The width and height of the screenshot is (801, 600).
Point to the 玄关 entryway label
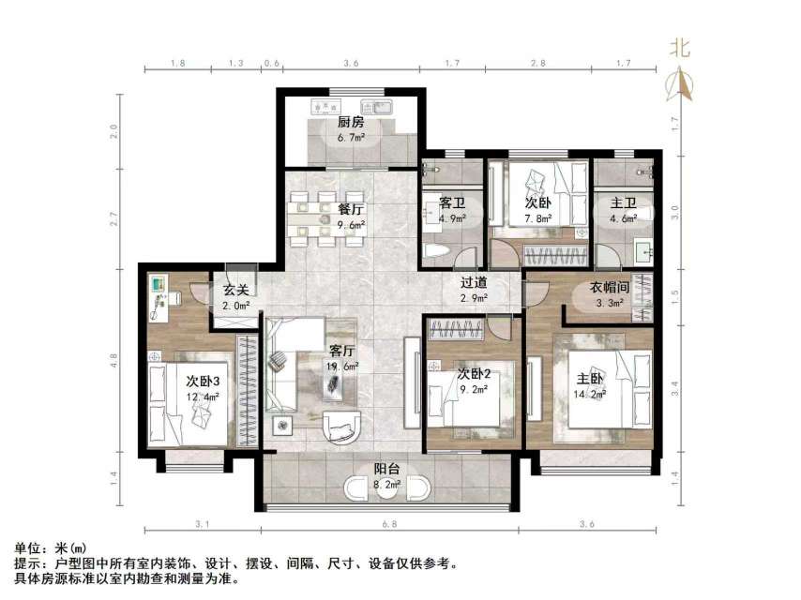235,290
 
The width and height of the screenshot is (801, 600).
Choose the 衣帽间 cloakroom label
608,288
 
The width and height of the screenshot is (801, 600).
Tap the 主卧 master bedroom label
589,379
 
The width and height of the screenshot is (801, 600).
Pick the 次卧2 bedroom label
475,374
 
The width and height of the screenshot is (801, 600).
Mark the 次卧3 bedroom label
204,381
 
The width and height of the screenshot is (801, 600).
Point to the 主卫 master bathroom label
624,202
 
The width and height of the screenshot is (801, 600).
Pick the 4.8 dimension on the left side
113,356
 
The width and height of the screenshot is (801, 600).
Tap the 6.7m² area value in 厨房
352,137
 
